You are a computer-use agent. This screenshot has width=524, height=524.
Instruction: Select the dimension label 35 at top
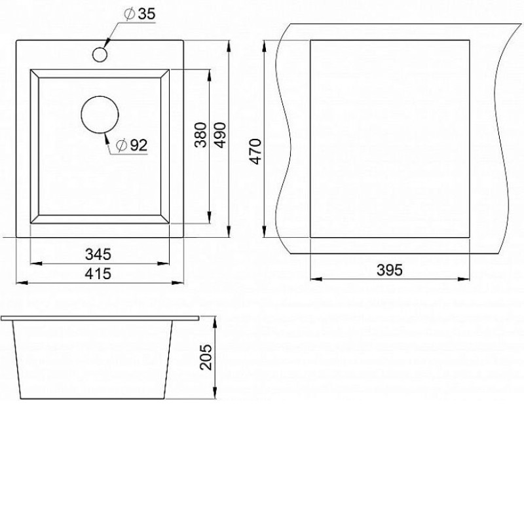point(147,14)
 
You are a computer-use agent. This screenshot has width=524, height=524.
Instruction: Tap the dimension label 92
point(138,145)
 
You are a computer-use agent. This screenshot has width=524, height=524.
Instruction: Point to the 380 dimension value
point(201,135)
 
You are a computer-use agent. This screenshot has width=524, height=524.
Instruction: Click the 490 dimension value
point(220,135)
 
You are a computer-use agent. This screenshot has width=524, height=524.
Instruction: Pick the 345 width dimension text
point(98,254)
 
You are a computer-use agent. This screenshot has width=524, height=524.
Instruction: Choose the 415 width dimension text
point(98,274)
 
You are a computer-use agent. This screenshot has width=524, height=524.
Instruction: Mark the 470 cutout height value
point(255,151)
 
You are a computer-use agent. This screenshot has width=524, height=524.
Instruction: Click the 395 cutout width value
point(390,270)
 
